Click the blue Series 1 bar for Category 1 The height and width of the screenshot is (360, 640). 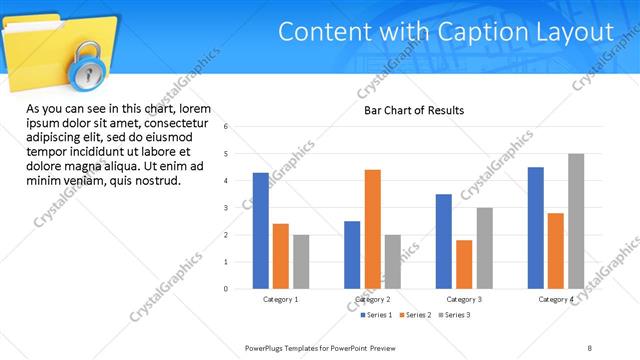tap(261, 231)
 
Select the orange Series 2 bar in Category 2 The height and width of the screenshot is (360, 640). tap(373, 229)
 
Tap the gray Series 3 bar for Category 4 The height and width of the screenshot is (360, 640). tap(576, 221)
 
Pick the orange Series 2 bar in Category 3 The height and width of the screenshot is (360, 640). tap(464, 264)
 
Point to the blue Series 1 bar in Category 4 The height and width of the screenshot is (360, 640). tap(536, 228)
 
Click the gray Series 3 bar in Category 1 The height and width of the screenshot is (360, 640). tap(301, 262)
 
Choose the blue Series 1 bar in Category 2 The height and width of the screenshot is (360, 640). tap(352, 255)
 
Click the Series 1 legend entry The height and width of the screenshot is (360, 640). tap(377, 315)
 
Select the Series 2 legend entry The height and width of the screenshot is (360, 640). tap(416, 315)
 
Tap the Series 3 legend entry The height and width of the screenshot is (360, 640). tap(455, 315)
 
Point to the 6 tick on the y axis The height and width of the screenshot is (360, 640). tap(227, 127)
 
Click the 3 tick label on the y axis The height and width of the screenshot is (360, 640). tap(227, 208)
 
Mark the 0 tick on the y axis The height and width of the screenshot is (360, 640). tap(227, 289)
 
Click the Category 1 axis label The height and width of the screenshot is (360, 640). tap(281, 299)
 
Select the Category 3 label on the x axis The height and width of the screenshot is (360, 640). tap(464, 299)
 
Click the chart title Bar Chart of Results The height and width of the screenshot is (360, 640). tap(413, 110)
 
